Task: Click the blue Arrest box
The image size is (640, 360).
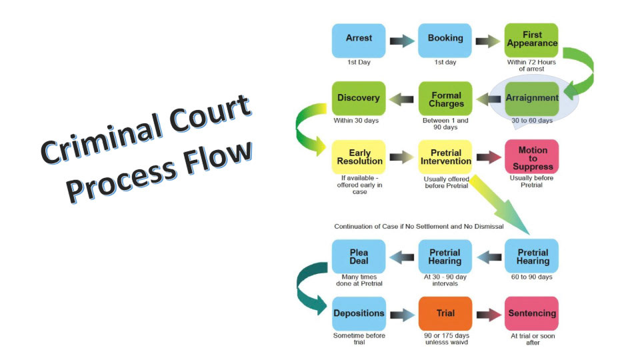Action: (359, 40)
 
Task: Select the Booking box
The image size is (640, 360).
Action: (445, 40)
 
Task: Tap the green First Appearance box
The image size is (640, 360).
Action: (531, 40)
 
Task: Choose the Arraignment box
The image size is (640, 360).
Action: (531, 99)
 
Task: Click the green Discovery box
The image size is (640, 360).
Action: (359, 99)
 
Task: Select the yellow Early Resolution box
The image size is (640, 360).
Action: (359, 157)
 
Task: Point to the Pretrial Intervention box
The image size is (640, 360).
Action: (445, 157)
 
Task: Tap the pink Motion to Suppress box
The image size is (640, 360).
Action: (531, 157)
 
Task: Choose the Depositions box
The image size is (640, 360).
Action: (359, 314)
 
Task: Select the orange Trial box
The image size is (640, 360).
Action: (445, 314)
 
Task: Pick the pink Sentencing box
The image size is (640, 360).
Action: (531, 314)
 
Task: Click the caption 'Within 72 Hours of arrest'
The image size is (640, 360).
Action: (531, 65)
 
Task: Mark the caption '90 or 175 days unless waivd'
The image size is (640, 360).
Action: (445, 339)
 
